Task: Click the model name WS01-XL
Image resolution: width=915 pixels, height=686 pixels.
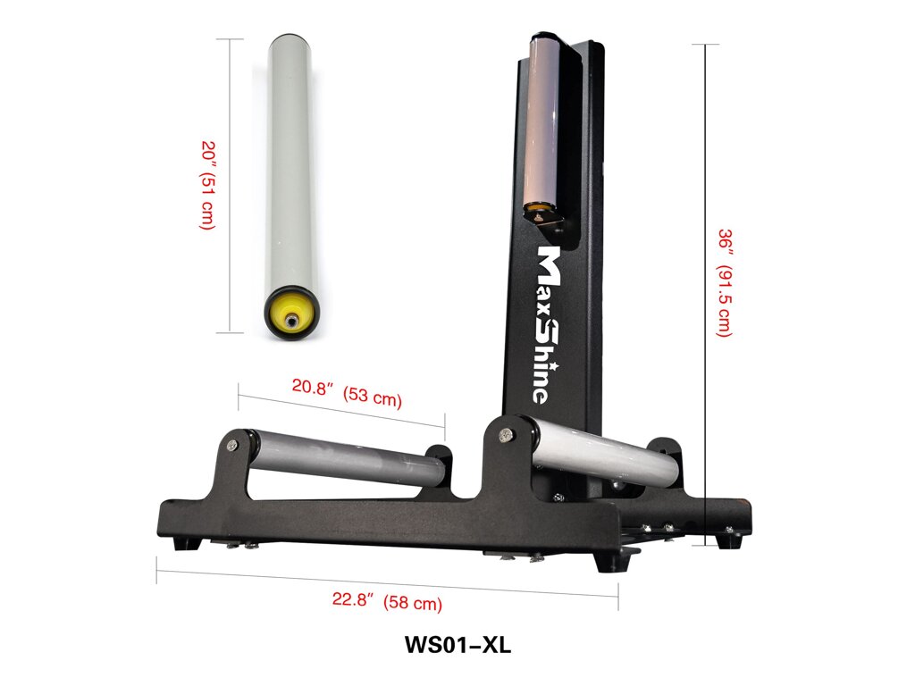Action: [457, 645]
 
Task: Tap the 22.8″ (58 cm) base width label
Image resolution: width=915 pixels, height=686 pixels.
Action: [387, 601]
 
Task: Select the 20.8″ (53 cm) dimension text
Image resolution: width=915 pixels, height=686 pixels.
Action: [347, 392]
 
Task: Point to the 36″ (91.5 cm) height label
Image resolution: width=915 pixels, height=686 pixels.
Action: [724, 283]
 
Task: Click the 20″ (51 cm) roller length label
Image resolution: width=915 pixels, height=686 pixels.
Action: [208, 185]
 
